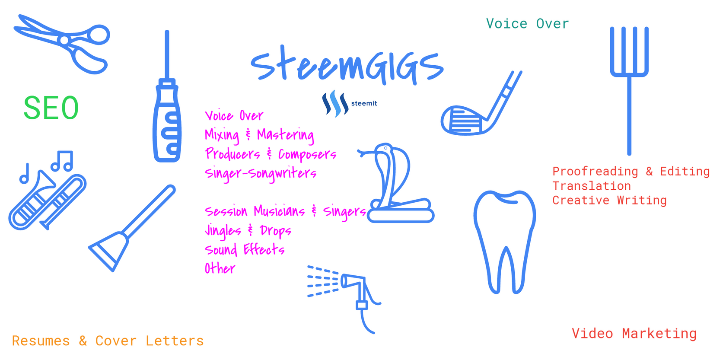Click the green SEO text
pos(51,108)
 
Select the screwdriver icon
pos(167,97)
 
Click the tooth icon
pos(505,242)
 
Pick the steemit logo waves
pos(335,103)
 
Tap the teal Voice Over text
pos(527,24)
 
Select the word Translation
pos(592,186)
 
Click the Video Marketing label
pos(634,334)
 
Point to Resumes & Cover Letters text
pos(108,341)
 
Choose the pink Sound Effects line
pos(245,249)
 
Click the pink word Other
pos(220,268)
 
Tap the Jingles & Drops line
pos(248,231)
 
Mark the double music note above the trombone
pos(62,161)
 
